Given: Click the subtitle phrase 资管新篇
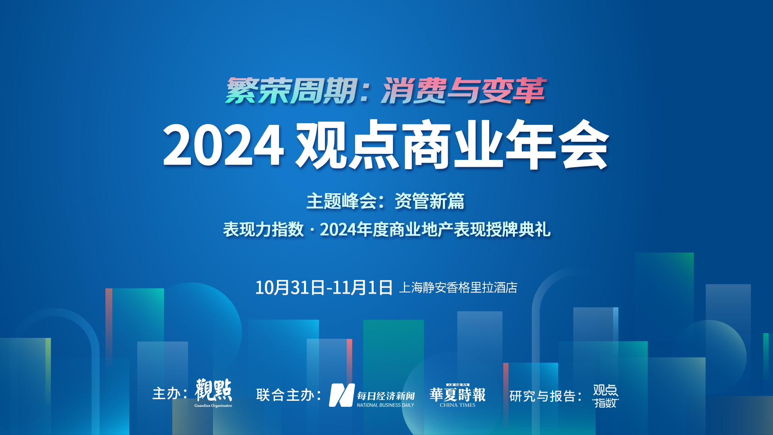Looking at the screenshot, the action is click(x=429, y=201).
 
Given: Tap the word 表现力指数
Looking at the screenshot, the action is click(x=263, y=230).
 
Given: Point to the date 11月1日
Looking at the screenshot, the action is click(x=362, y=288).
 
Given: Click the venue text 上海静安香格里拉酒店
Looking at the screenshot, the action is click(x=458, y=288).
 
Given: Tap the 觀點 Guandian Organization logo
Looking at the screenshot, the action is click(x=213, y=393).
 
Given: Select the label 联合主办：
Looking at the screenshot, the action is click(x=289, y=395).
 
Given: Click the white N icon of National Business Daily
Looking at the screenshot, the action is click(x=342, y=395).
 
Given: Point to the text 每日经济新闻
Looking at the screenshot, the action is click(x=386, y=396).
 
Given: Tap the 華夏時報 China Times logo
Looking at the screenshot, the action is click(x=458, y=396).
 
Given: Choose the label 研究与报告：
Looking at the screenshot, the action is click(x=546, y=396).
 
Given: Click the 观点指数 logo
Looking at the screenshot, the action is click(x=606, y=396).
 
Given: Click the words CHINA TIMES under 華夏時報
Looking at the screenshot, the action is click(x=457, y=405).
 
